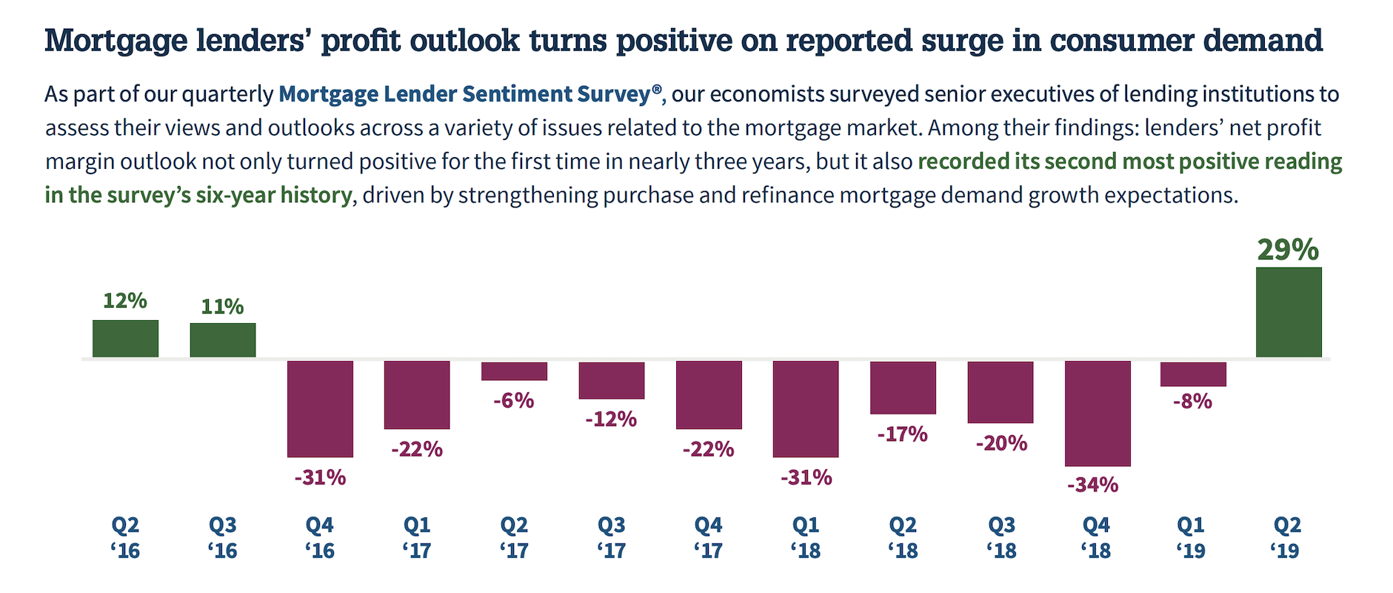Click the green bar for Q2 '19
tap(1289, 312)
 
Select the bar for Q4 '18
tap(1098, 413)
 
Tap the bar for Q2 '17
tap(514, 371)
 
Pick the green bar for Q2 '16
tap(125, 339)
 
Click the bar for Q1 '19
tap(1193, 374)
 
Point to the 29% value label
tap(1288, 250)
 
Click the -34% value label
tap(1093, 485)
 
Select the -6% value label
tap(514, 400)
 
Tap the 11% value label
tap(222, 306)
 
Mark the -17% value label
tap(903, 434)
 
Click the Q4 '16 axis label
tap(320, 537)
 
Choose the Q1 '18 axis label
tap(806, 537)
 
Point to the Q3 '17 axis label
tap(612, 537)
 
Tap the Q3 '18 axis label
tap(1001, 537)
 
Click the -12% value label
tap(611, 420)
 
